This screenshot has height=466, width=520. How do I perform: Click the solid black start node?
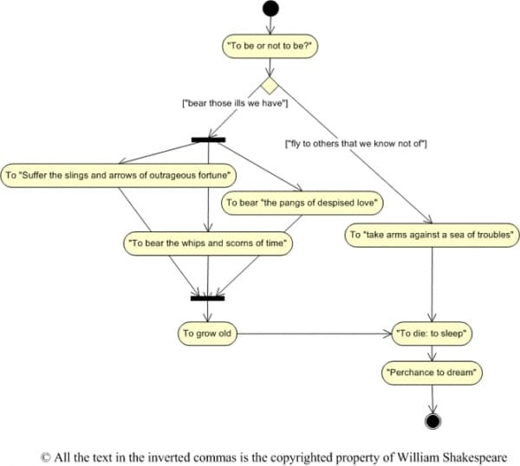click(270, 9)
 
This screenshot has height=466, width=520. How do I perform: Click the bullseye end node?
click(432, 421)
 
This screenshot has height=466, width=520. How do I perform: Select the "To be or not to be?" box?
click(270, 46)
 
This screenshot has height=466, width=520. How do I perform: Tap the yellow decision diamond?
click(270, 86)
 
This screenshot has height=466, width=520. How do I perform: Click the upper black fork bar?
click(208, 139)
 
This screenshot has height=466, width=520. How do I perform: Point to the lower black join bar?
click(208, 298)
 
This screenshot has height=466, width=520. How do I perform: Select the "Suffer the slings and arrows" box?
click(119, 175)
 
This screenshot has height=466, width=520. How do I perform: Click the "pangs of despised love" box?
click(302, 203)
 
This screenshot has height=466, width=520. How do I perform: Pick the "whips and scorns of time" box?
click(208, 243)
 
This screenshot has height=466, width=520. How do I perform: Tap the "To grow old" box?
click(207, 333)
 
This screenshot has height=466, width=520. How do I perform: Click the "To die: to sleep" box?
click(432, 333)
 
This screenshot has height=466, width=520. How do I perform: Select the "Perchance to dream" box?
click(432, 372)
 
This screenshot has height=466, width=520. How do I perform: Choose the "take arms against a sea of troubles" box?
click(432, 235)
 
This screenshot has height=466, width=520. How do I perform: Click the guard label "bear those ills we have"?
click(235, 103)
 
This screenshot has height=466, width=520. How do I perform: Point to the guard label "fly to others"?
click(356, 144)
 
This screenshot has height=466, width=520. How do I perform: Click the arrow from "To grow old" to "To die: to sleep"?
click(315, 333)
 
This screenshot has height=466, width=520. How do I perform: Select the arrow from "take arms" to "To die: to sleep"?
click(432, 284)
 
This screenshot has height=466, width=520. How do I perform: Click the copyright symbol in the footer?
click(45, 457)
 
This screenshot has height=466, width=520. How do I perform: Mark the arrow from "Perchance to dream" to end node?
click(432, 399)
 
